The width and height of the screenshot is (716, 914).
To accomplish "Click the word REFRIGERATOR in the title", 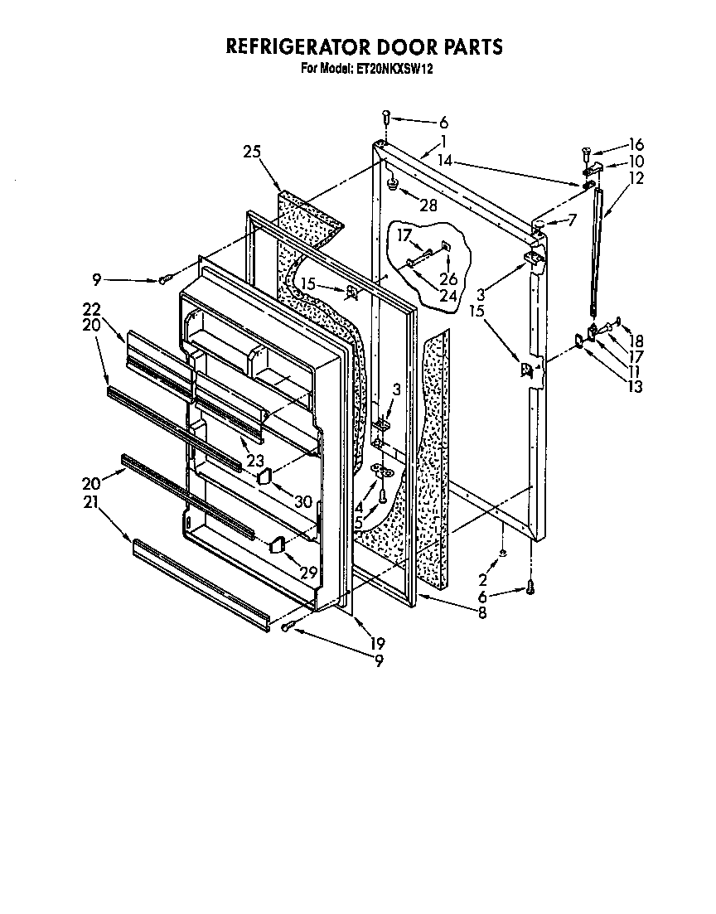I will [x=293, y=47].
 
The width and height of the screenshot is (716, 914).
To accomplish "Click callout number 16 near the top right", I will [x=636, y=143].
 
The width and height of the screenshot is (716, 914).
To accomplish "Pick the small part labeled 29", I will [x=278, y=544].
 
